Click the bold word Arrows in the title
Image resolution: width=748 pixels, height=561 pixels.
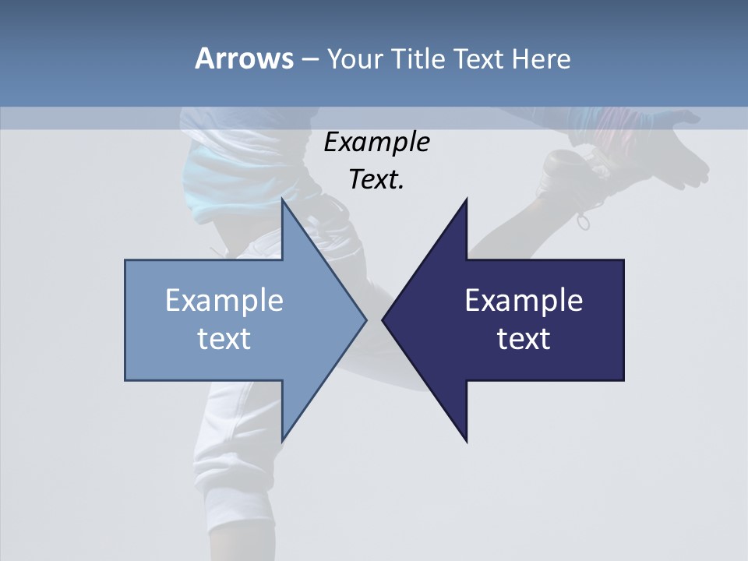coord(244,58)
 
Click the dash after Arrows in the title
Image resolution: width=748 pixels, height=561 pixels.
coord(309,59)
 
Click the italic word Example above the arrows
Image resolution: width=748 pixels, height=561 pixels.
coord(376,143)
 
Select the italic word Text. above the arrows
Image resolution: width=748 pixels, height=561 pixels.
coord(376,180)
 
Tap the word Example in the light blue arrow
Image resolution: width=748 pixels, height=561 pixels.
coord(224,300)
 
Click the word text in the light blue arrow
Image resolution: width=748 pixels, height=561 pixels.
coord(224,339)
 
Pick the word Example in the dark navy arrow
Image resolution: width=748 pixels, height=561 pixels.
coord(524,300)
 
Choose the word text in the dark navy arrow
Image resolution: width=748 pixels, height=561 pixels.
coord(524,339)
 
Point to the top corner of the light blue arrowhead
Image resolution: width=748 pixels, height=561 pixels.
coord(283,200)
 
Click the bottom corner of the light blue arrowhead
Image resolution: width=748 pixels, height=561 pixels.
coord(283,440)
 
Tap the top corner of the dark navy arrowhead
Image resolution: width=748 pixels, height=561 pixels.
coord(466,200)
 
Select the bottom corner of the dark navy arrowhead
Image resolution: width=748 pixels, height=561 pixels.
coord(466,440)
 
